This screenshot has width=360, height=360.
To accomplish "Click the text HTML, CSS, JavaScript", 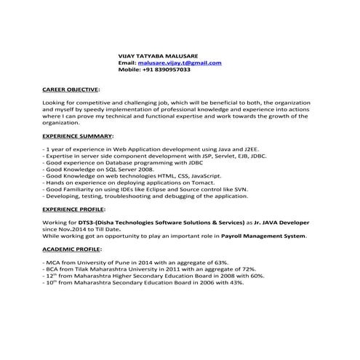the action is [x=188, y=176].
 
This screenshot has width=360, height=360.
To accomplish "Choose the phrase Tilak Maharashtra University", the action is [x=114, y=270].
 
